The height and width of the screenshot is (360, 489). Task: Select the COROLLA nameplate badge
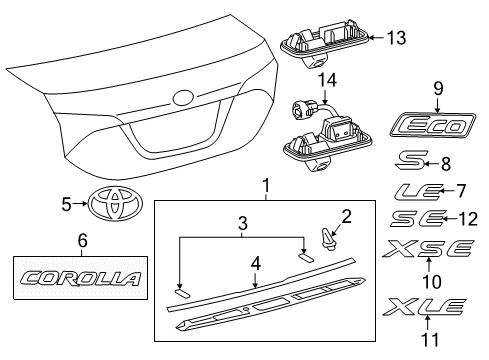tap(82, 278)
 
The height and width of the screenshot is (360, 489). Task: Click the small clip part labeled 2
tap(325, 237)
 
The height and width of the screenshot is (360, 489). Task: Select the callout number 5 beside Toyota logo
tap(66, 204)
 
